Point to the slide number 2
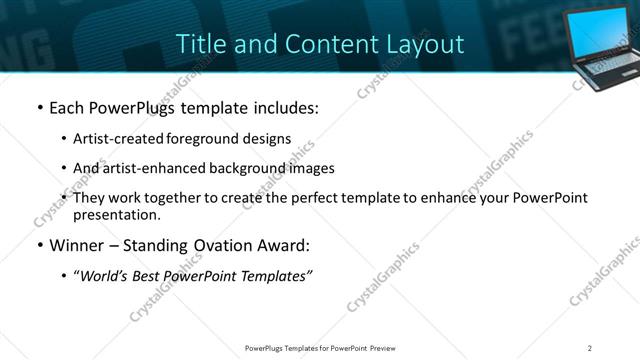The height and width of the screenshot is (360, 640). (590, 347)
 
